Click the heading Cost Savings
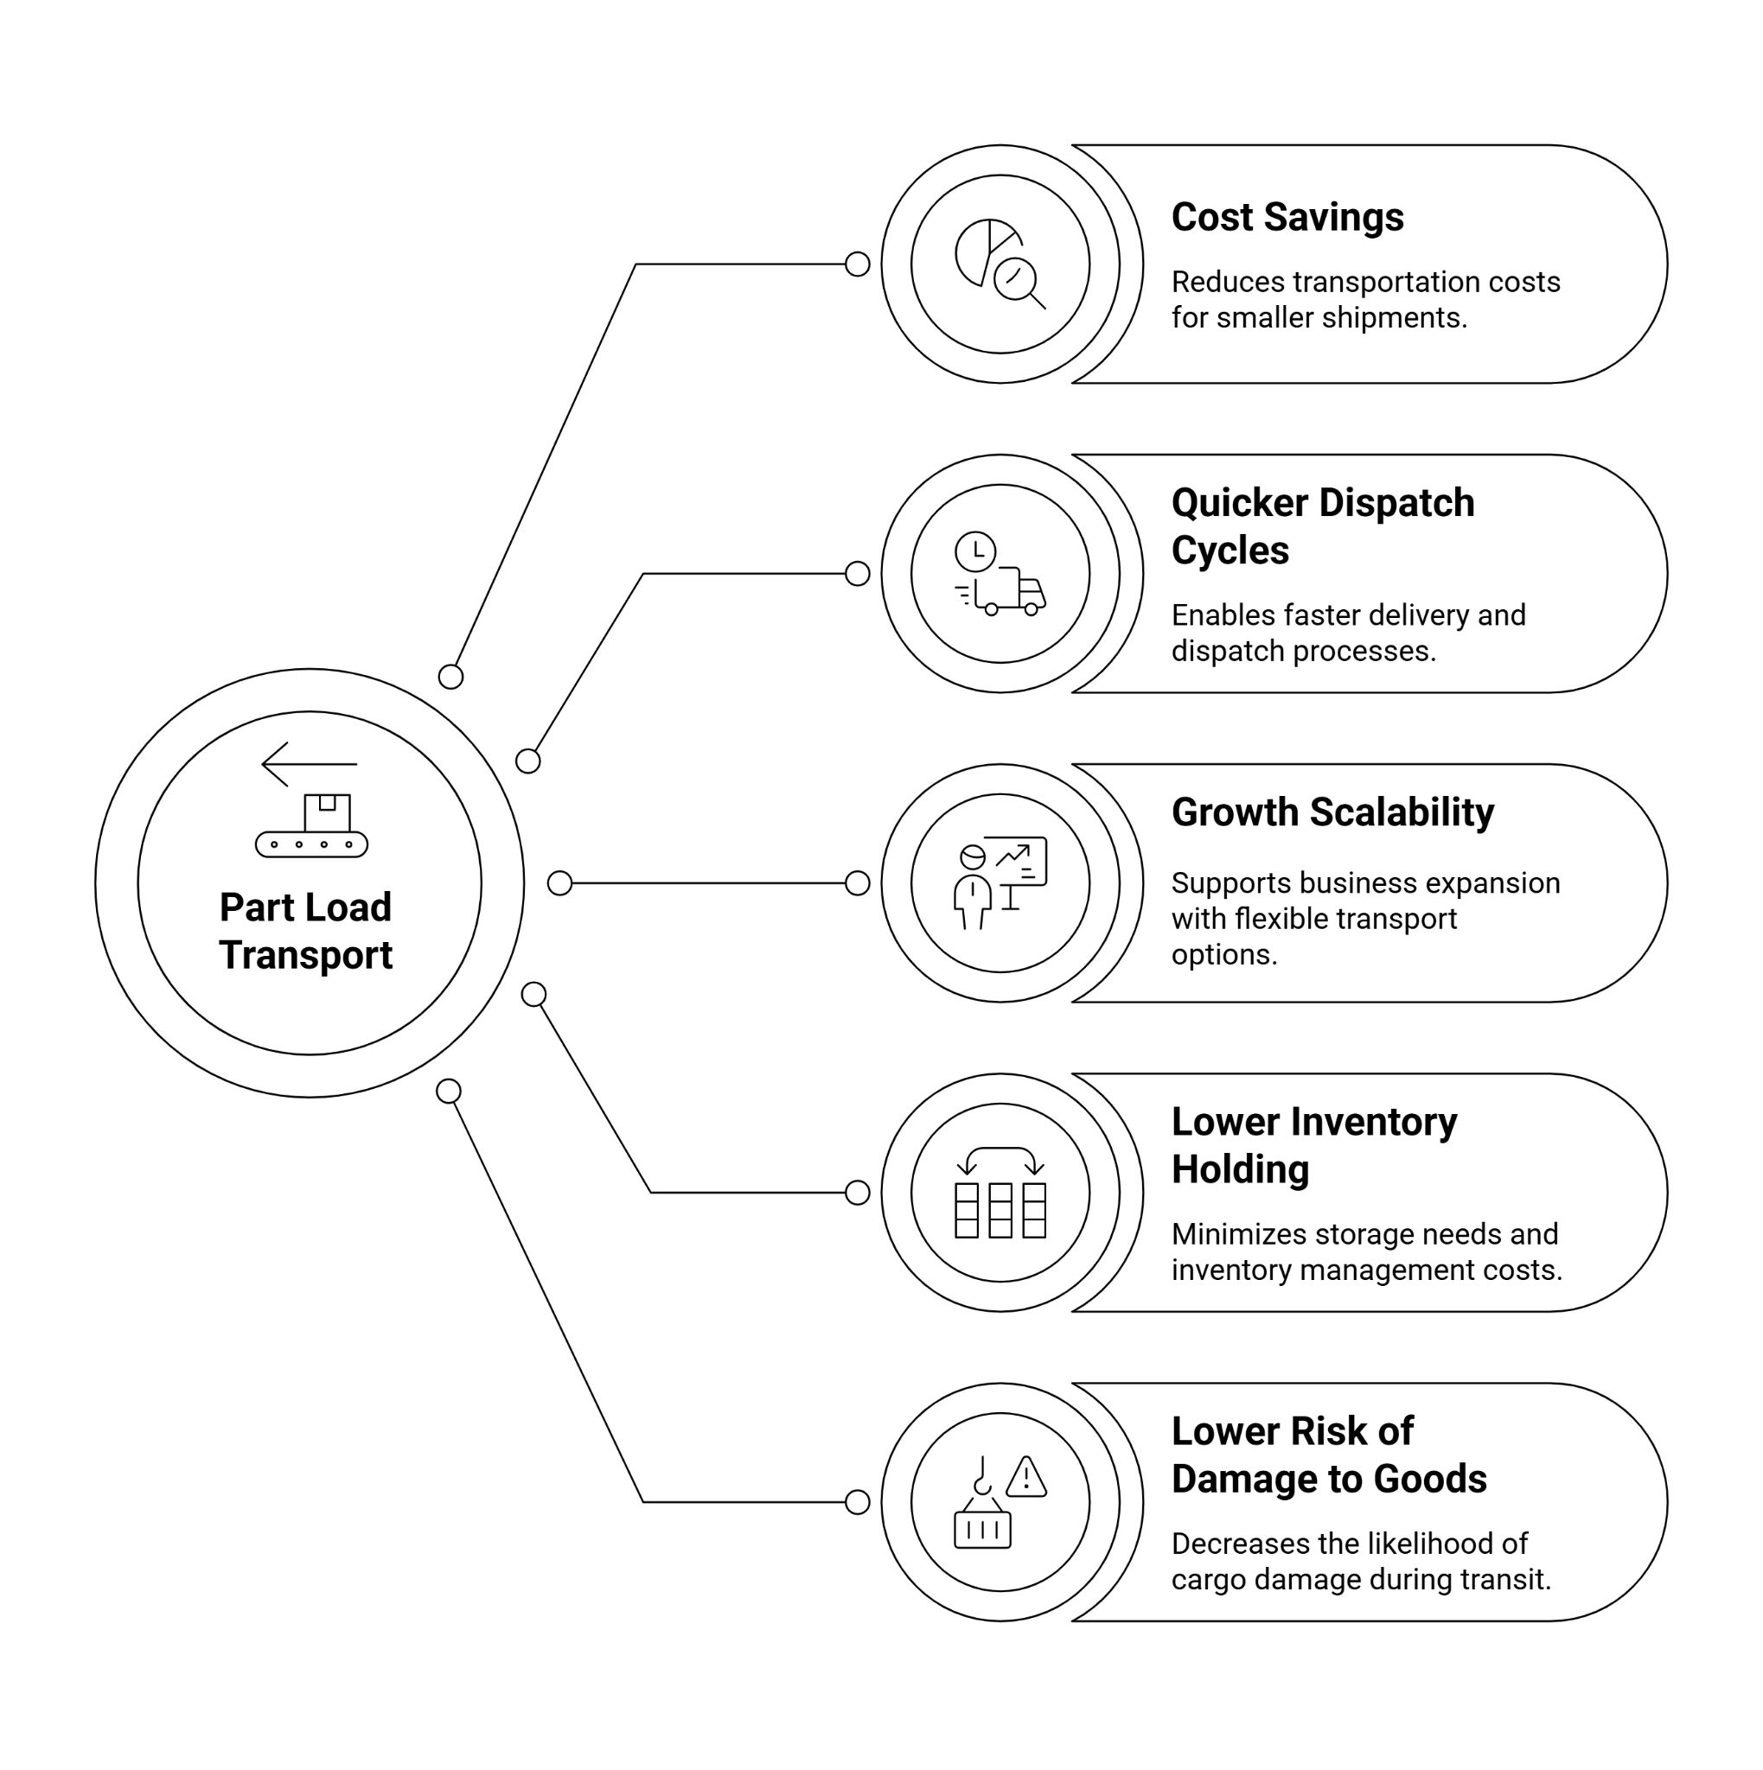1287,218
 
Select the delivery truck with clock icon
1000,574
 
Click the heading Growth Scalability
1332,812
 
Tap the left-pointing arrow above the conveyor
309,763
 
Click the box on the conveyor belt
327,812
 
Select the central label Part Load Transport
306,931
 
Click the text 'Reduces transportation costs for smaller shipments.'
1364,300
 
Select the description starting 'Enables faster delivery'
1348,632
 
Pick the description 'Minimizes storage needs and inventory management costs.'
1365,1251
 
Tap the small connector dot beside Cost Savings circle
857,264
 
